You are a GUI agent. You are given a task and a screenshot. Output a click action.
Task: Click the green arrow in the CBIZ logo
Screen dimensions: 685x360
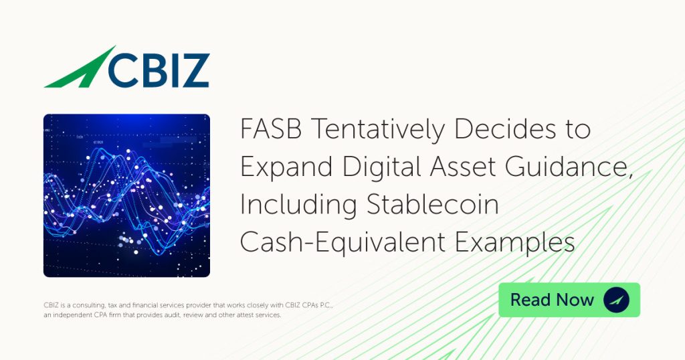83,70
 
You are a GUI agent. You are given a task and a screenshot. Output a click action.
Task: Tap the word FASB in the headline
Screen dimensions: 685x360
271,129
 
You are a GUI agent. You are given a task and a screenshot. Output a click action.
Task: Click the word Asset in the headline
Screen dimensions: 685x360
463,167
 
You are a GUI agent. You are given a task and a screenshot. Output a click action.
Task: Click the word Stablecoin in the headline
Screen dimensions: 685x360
433,205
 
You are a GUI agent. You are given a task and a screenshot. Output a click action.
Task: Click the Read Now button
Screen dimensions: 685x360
569,300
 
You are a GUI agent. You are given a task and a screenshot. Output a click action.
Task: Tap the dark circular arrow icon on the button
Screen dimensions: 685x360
616,300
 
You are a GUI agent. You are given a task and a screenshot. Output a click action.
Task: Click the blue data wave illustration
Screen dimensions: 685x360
126,196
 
